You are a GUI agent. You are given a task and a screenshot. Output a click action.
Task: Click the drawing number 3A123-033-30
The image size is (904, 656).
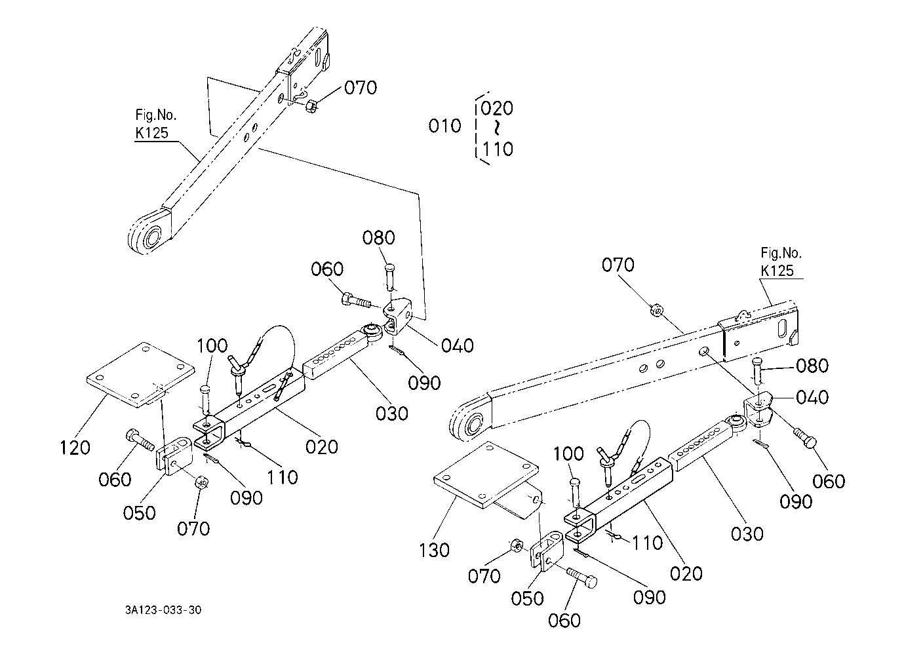(x=163, y=609)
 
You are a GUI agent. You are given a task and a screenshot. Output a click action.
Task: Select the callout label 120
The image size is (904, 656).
(x=75, y=448)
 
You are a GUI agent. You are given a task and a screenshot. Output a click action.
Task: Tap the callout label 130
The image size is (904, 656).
(x=434, y=550)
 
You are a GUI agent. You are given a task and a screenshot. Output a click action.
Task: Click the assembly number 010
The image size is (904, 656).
(x=444, y=126)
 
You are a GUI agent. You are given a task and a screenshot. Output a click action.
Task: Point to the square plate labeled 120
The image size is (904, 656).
(x=140, y=374)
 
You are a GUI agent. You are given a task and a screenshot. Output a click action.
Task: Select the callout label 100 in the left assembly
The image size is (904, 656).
(x=212, y=346)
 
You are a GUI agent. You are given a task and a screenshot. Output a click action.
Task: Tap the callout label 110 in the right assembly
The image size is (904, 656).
(x=647, y=543)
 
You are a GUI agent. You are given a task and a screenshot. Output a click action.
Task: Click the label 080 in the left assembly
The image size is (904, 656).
(x=378, y=238)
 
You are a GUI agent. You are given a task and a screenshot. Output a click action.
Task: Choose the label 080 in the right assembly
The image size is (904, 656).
(x=812, y=366)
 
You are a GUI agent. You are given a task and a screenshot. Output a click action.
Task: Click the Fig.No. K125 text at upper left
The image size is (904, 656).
(x=156, y=124)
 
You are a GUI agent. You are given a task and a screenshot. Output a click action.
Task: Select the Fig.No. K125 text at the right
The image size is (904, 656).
(x=781, y=262)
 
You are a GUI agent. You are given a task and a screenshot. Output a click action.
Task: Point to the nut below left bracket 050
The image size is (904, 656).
(x=201, y=482)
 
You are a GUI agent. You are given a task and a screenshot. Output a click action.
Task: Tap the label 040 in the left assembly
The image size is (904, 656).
(x=458, y=346)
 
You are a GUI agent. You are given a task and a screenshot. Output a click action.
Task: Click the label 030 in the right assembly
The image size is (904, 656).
(x=747, y=533)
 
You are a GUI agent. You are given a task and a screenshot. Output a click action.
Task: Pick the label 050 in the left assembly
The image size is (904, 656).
(x=139, y=512)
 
